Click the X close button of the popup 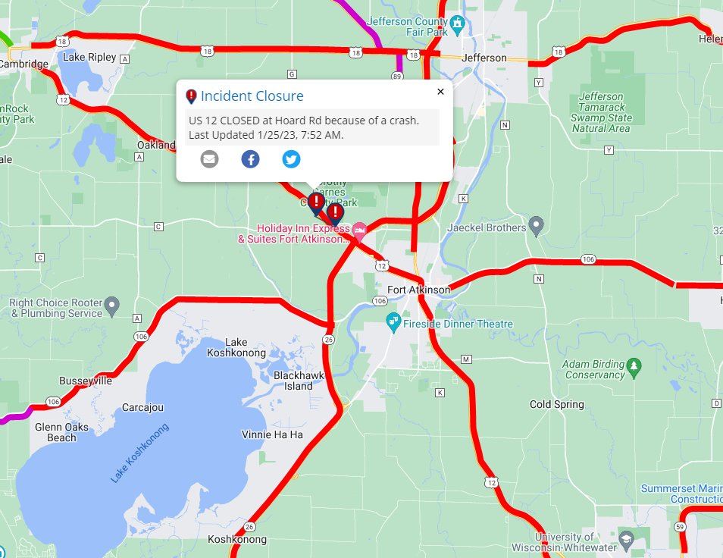pos(440,92)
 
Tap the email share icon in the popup pos(209,159)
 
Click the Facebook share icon pos(250,159)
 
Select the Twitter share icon pos(291,159)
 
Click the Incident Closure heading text pos(252,96)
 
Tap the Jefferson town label pos(484,58)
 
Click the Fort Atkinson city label pos(418,290)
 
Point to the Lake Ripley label pos(89,57)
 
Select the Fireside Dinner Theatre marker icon pos(393,324)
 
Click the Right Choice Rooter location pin pos(113,307)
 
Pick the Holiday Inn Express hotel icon pos(360,228)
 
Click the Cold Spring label pos(557,404)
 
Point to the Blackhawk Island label pos(293,381)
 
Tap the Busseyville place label pos(86,381)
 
